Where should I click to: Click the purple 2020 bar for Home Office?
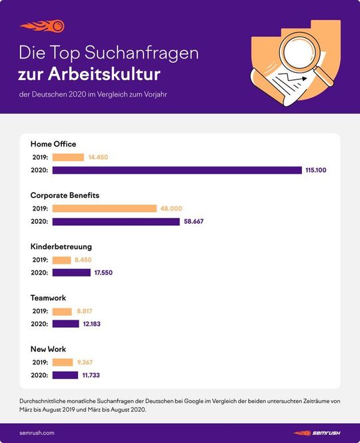177,171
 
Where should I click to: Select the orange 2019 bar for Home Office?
68,157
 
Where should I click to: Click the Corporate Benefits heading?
65,195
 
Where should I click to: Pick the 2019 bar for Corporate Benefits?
104,209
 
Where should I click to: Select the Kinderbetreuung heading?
61,246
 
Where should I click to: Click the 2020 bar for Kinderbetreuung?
71,272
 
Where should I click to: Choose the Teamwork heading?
49,298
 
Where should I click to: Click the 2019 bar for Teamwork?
62,311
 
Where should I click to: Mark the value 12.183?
95,324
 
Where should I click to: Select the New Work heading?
49,349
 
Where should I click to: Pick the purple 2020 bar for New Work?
65,375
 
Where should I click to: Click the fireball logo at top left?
41,26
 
